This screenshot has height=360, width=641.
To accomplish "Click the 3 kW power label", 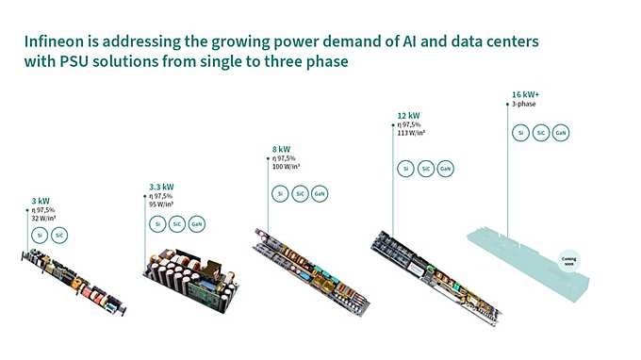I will click(x=41, y=201).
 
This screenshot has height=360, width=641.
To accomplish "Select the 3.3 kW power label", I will click(x=161, y=187).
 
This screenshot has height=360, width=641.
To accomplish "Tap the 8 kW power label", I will click(x=282, y=149).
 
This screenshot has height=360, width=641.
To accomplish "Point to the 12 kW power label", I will click(x=407, y=115).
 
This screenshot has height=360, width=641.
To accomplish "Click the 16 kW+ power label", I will click(x=526, y=95).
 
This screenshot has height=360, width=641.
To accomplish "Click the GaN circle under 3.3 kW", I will click(x=196, y=224).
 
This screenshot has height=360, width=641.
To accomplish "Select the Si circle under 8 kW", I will click(x=279, y=193).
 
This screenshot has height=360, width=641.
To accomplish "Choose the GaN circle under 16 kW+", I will click(x=560, y=133).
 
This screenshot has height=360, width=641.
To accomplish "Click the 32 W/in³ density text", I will click(x=43, y=218).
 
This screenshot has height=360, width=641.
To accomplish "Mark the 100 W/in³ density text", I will click(x=287, y=167).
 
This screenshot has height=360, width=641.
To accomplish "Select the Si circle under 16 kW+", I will click(x=519, y=133).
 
